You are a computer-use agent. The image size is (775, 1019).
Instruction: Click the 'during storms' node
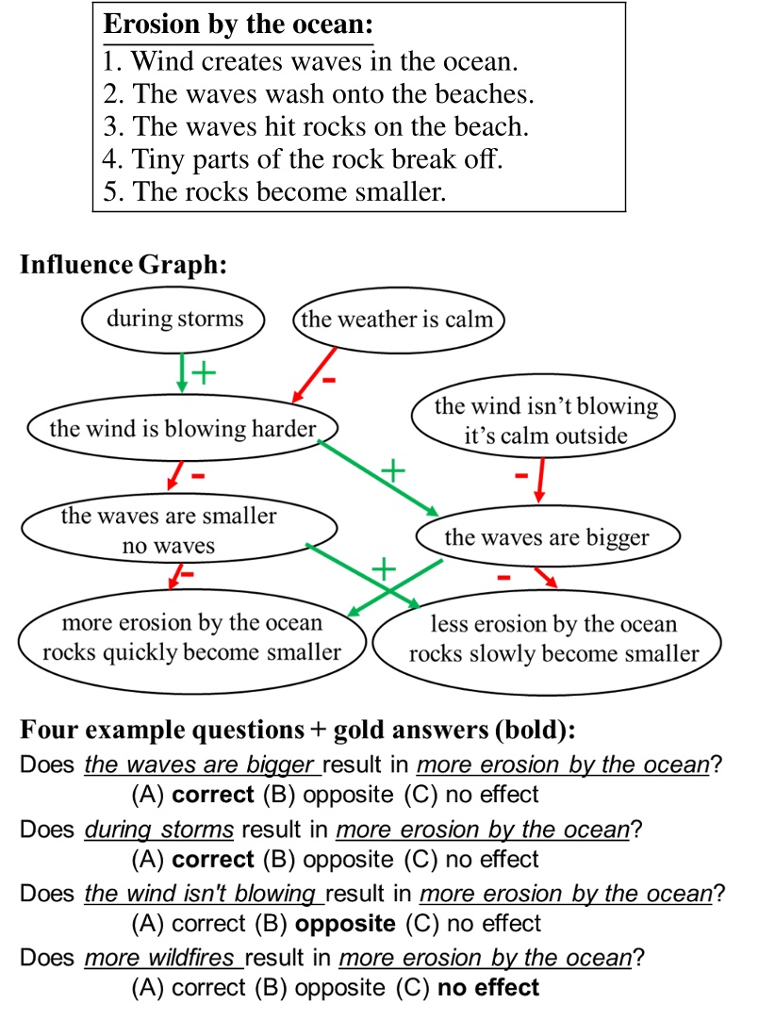[174, 319]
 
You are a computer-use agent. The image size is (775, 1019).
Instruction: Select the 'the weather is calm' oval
[397, 320]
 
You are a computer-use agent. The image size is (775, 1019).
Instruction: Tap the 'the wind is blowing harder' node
[182, 430]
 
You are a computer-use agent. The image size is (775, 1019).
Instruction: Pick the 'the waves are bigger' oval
[547, 538]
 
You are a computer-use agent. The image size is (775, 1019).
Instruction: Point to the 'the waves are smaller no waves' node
[170, 531]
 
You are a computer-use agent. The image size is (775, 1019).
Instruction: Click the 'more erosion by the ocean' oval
[192, 637]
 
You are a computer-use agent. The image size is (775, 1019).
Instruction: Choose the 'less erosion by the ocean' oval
[553, 639]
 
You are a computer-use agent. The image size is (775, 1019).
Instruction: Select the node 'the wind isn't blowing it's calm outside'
[545, 421]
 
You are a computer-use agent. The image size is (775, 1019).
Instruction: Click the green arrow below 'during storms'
[181, 372]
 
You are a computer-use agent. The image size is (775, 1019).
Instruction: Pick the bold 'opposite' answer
[345, 923]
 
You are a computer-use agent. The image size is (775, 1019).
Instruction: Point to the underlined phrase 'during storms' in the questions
[159, 830]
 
